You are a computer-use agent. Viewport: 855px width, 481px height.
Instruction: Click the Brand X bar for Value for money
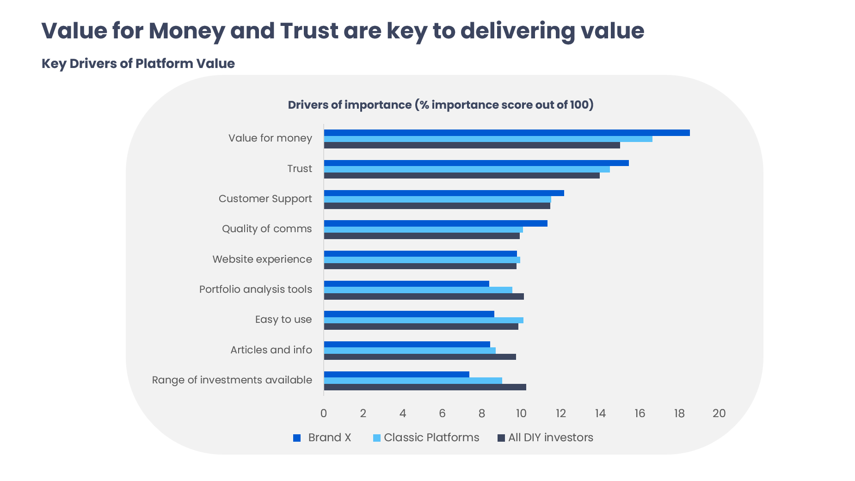click(x=506, y=133)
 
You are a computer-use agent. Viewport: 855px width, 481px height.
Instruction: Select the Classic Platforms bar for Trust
click(x=467, y=169)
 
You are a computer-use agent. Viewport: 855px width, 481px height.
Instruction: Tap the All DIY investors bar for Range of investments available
click(x=424, y=387)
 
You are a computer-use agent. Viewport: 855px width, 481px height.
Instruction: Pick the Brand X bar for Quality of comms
click(x=435, y=223)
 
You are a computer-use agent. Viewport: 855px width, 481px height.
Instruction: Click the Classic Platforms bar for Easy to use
click(x=423, y=320)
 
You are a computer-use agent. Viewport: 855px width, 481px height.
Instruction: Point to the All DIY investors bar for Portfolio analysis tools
click(x=424, y=296)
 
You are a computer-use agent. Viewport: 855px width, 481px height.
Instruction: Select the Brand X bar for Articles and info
click(x=406, y=344)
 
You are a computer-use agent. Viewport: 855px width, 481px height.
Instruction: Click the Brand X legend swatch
click(x=297, y=438)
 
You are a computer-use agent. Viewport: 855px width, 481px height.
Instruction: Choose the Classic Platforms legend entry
click(x=431, y=438)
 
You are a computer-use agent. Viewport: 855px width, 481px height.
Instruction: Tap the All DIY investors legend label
click(x=550, y=438)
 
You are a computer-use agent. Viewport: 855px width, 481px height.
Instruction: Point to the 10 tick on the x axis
click(x=521, y=413)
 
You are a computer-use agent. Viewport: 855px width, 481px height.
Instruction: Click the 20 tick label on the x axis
click(x=719, y=413)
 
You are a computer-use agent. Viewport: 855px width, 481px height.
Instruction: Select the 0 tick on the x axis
click(x=323, y=413)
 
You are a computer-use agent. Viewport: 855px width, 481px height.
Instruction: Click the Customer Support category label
click(x=265, y=199)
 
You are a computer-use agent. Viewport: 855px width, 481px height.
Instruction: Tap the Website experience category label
click(x=262, y=259)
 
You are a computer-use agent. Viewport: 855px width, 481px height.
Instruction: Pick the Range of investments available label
click(x=232, y=380)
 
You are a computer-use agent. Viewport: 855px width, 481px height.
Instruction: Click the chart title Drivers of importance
click(x=440, y=105)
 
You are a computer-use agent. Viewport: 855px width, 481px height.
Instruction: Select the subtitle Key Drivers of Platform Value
click(x=138, y=63)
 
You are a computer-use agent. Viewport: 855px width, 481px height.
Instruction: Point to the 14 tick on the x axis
click(x=600, y=413)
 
